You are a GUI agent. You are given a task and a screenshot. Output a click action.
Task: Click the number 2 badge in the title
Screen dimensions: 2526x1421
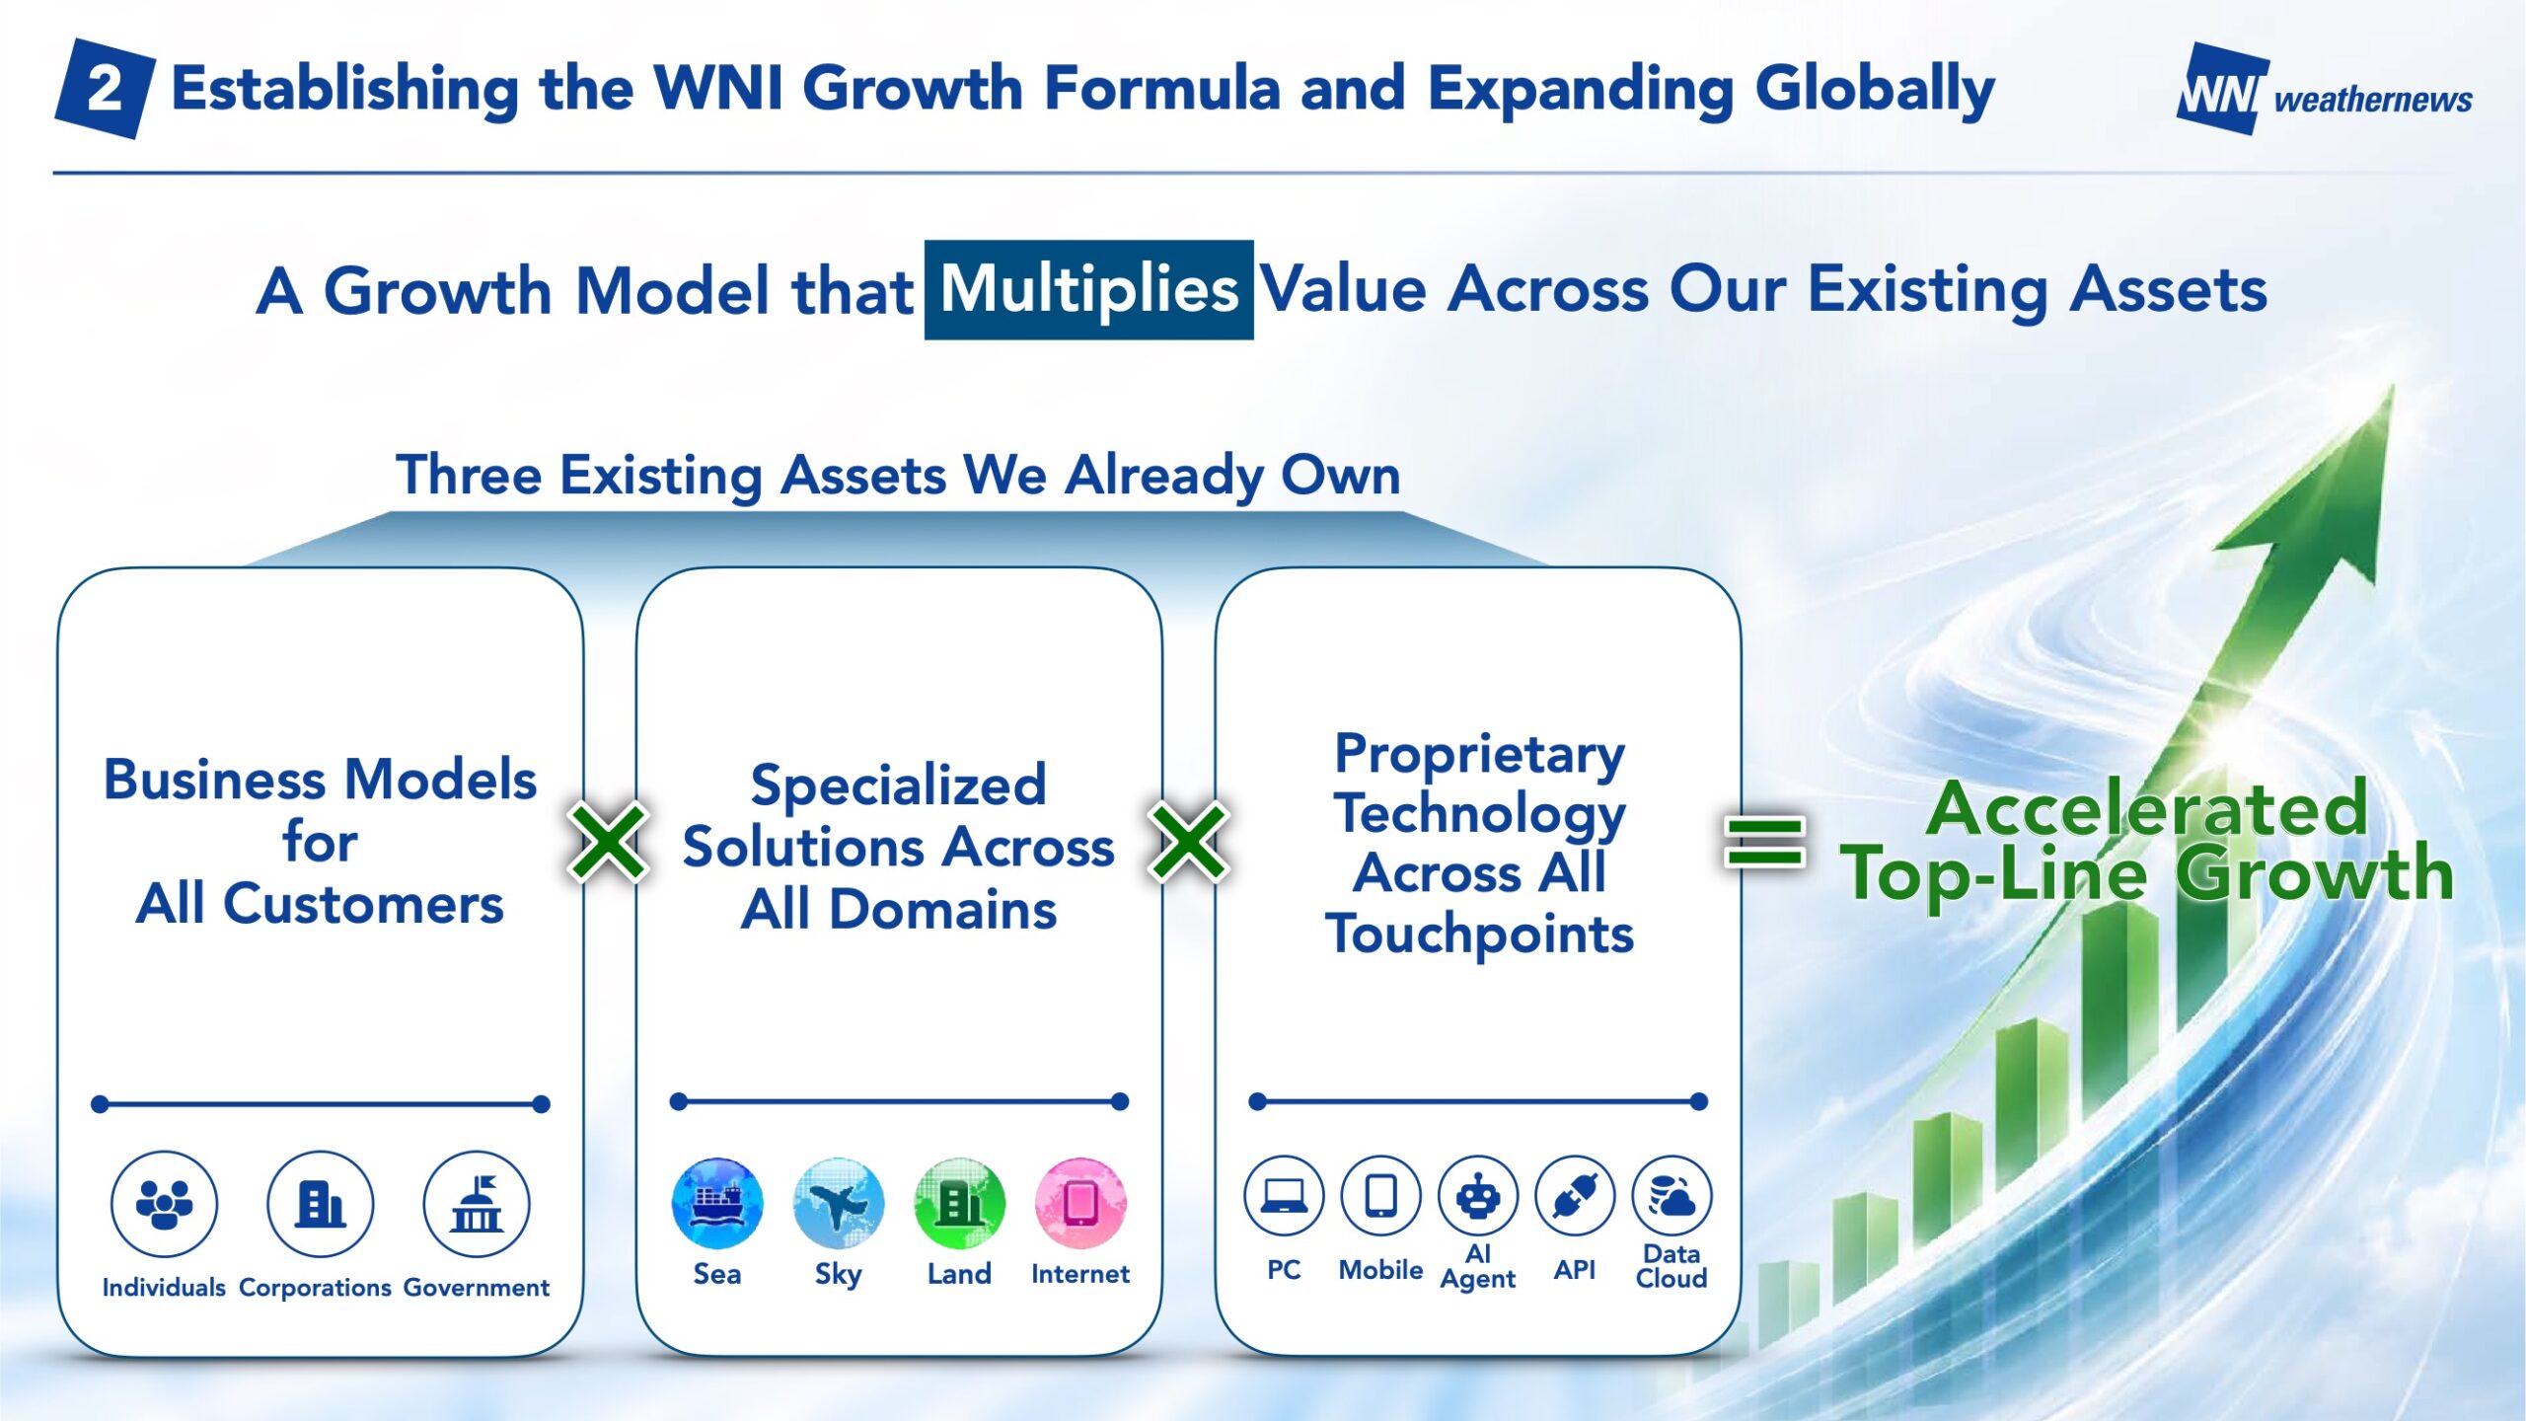(x=105, y=89)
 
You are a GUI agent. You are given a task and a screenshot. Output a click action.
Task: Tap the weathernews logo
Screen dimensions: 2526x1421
(x=2324, y=90)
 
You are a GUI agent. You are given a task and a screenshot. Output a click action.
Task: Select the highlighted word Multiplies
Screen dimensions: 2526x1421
(x=1088, y=290)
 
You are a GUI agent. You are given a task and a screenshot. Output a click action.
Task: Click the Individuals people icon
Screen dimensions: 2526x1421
(x=164, y=1204)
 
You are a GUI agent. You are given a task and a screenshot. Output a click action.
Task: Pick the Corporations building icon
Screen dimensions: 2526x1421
(x=320, y=1204)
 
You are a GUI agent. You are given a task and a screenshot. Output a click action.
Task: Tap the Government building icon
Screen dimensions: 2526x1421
(x=477, y=1204)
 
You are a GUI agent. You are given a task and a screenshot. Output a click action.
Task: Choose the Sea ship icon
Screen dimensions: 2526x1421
(x=717, y=1204)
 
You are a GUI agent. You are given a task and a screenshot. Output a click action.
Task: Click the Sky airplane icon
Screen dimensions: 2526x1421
(x=839, y=1204)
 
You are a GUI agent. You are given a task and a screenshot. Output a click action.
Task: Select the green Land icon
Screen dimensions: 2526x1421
(x=959, y=1204)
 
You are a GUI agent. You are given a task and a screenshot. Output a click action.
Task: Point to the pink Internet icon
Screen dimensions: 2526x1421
(x=1080, y=1204)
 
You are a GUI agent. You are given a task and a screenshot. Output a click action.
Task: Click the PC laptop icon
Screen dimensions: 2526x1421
(x=1284, y=1196)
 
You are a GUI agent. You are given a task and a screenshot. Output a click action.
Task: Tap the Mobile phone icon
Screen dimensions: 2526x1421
(x=1380, y=1196)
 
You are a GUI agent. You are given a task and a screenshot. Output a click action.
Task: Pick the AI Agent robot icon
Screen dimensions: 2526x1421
(x=1478, y=1196)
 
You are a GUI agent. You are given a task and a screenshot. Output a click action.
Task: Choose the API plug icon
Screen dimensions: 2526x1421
(x=1575, y=1196)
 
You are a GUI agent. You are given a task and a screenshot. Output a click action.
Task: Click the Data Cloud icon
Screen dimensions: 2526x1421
(x=1672, y=1196)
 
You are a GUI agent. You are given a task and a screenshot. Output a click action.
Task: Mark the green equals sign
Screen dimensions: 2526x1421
(x=1764, y=841)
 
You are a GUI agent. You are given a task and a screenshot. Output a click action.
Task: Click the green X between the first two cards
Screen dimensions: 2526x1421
(x=608, y=841)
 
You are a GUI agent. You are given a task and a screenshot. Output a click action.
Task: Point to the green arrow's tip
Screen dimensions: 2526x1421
(x=2392, y=387)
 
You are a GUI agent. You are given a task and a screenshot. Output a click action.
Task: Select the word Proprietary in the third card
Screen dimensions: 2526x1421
(x=1479, y=755)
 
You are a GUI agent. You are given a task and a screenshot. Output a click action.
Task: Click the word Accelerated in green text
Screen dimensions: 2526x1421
(x=2147, y=809)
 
